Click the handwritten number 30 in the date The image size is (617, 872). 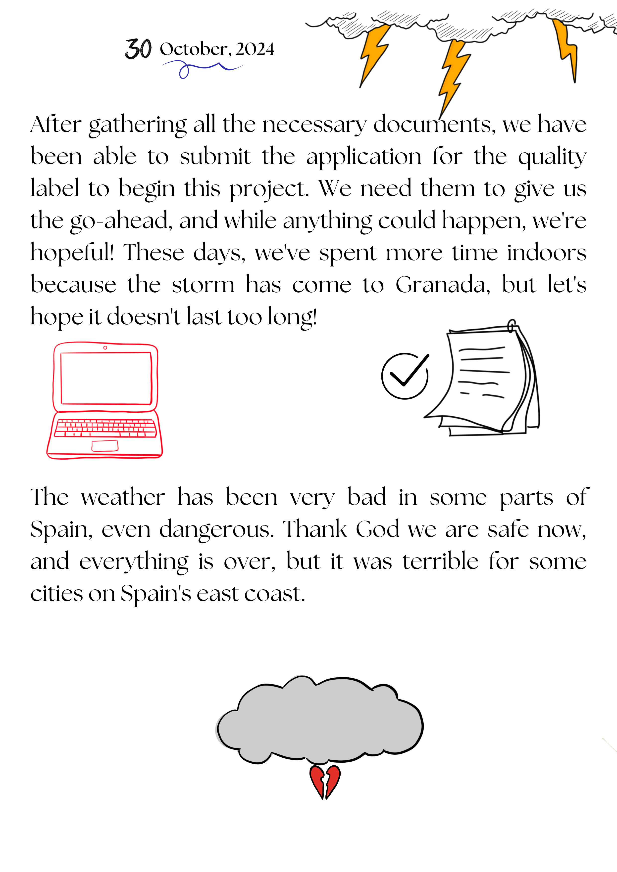point(138,49)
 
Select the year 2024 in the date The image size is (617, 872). point(255,49)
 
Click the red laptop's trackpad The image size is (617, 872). point(105,445)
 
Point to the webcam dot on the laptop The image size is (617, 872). point(105,348)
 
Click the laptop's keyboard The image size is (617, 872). point(105,428)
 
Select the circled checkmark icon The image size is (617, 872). point(405,376)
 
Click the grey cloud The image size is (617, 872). point(319,722)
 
